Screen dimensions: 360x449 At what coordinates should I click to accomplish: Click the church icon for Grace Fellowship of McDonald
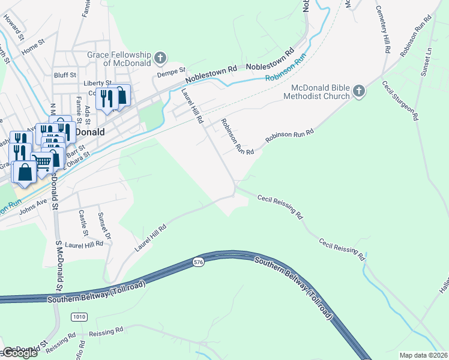click(160, 58)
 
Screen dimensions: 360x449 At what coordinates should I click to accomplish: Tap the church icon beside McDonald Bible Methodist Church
click(358, 91)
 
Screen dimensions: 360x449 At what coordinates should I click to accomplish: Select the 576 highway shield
click(198, 262)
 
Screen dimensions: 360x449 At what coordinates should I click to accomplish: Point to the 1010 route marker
click(78, 316)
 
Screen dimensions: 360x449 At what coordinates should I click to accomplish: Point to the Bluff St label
click(64, 76)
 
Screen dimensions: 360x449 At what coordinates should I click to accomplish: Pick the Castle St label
click(83, 223)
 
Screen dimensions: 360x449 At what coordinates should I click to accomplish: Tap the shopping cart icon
click(41, 161)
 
